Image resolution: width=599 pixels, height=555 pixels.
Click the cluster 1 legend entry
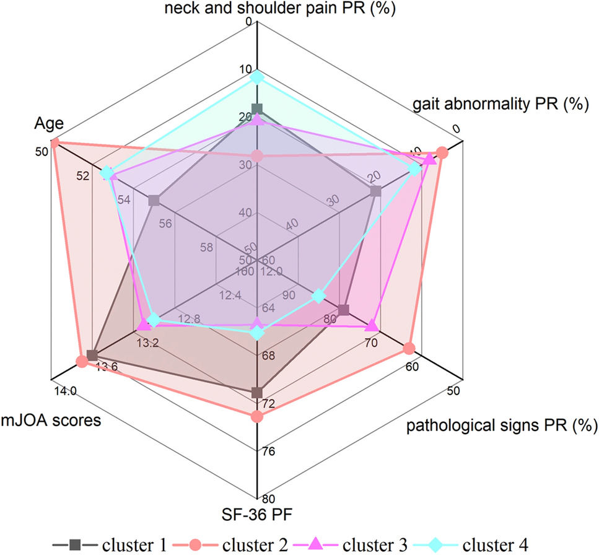pyautogui.click(x=112, y=544)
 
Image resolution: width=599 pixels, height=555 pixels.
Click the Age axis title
pyautogui.click(x=49, y=125)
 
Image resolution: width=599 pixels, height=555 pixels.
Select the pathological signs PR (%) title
pyautogui.click(x=501, y=426)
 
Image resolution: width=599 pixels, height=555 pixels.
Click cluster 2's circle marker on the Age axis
pyautogui.click(x=55, y=144)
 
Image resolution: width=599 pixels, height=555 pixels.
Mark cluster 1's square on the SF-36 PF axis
pyautogui.click(x=257, y=393)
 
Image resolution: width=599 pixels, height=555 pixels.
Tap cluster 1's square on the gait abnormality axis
pyautogui.click(x=375, y=192)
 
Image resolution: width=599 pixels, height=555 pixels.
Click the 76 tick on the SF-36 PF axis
pyautogui.click(x=268, y=452)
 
